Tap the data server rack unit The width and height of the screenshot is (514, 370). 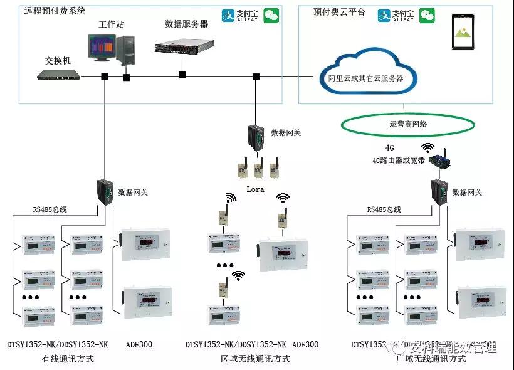[x=182, y=45]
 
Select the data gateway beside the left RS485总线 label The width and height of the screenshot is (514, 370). [x=105, y=191]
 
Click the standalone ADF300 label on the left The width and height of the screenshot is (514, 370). [x=139, y=344]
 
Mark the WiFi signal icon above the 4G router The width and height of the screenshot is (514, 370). [x=428, y=148]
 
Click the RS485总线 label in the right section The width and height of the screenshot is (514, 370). [x=384, y=209]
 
